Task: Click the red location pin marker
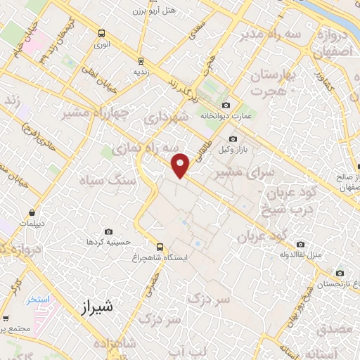(181, 165)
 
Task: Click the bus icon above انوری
(103, 33)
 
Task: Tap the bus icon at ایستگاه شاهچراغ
(160, 247)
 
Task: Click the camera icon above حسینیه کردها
(108, 231)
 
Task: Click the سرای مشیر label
(240, 171)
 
